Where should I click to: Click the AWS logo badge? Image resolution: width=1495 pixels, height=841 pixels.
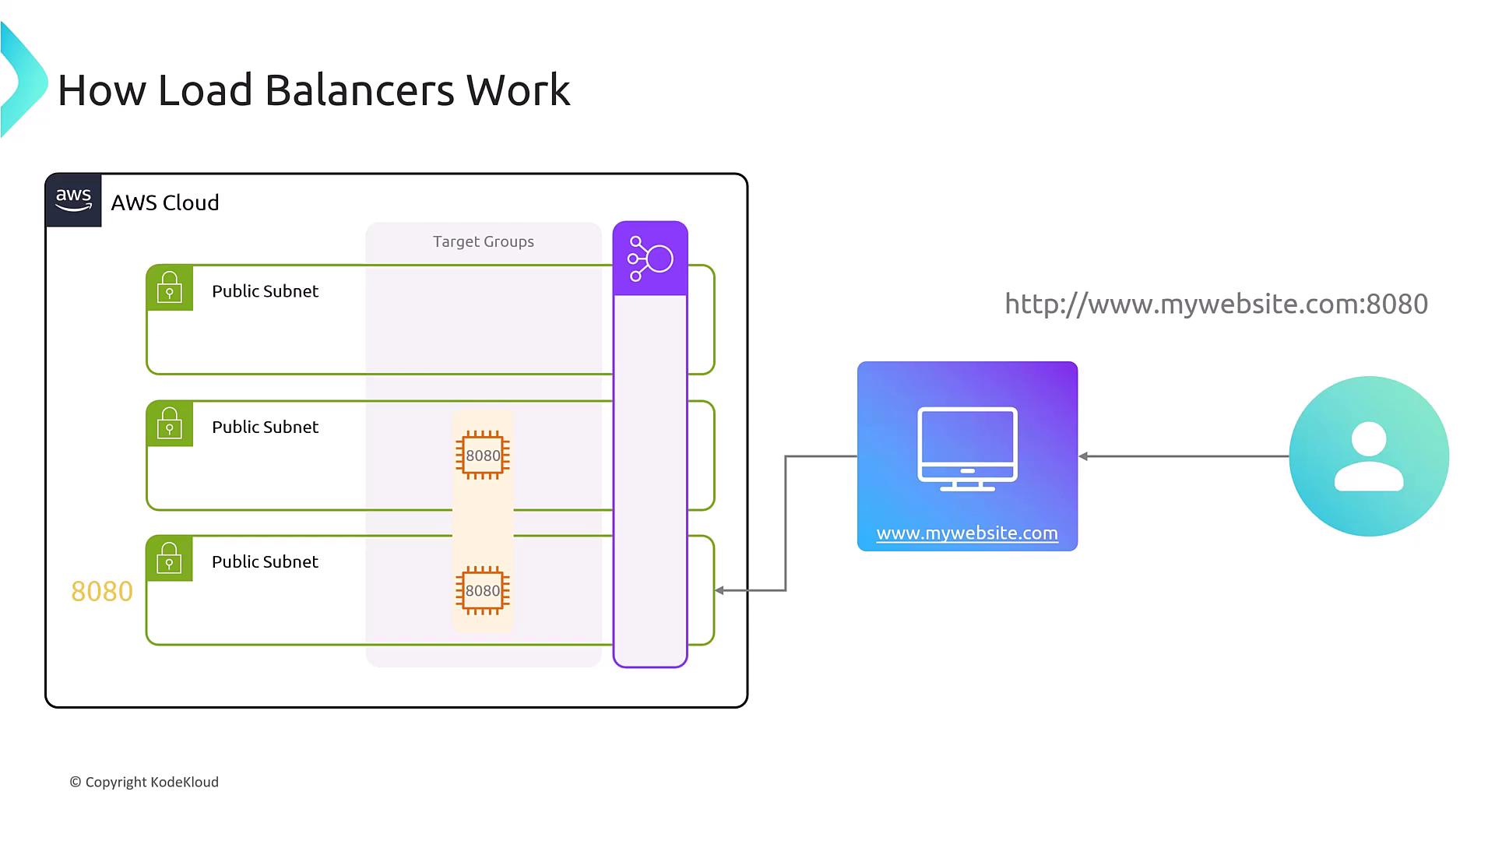click(x=73, y=200)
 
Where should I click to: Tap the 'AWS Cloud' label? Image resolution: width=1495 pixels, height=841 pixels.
click(x=165, y=202)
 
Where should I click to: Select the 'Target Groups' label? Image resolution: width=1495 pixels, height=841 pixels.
click(x=484, y=241)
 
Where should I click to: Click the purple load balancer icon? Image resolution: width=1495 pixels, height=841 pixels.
click(x=650, y=259)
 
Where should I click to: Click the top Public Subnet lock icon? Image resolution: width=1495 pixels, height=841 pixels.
click(x=170, y=288)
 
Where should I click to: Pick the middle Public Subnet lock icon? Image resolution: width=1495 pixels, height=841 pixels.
click(x=170, y=424)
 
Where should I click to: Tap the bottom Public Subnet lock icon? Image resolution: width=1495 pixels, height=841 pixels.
click(x=170, y=558)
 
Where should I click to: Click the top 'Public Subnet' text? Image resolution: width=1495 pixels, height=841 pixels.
click(x=265, y=291)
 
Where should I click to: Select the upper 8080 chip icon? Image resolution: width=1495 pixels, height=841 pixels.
click(x=483, y=456)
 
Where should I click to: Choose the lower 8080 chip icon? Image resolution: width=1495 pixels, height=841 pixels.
click(x=483, y=590)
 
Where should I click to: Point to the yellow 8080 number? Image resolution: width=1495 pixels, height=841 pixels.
click(x=102, y=592)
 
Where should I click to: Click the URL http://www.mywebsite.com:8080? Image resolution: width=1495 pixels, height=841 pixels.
click(x=1216, y=304)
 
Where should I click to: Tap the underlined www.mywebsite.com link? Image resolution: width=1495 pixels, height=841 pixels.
click(x=967, y=533)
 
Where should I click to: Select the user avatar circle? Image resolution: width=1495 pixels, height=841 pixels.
click(x=1369, y=456)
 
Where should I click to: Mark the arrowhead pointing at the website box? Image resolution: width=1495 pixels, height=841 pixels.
click(x=1083, y=456)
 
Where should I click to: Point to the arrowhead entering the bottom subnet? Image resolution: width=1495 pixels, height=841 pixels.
click(x=719, y=590)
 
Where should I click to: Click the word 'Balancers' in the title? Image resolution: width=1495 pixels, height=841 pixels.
click(x=359, y=90)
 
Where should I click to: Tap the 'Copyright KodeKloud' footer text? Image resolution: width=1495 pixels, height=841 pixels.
click(x=144, y=782)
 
